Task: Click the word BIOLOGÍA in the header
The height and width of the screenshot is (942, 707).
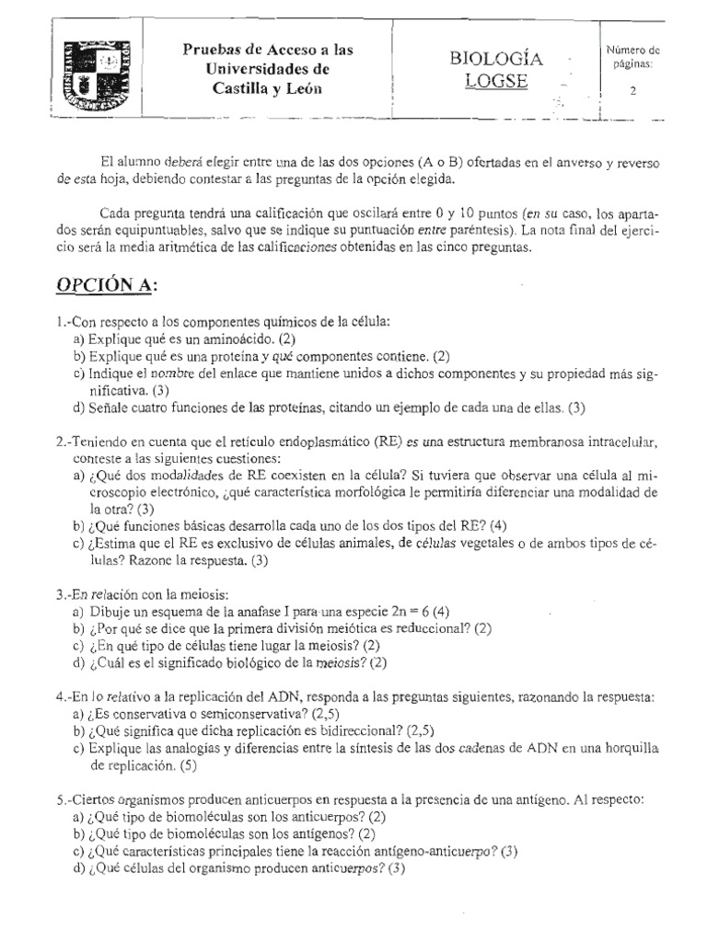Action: coord(496,59)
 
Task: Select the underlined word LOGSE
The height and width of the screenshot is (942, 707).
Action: coord(495,81)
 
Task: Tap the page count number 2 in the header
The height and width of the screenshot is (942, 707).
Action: coord(632,90)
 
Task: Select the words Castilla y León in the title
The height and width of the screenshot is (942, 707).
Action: coord(268,88)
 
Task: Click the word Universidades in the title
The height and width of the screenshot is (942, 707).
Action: coord(268,69)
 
